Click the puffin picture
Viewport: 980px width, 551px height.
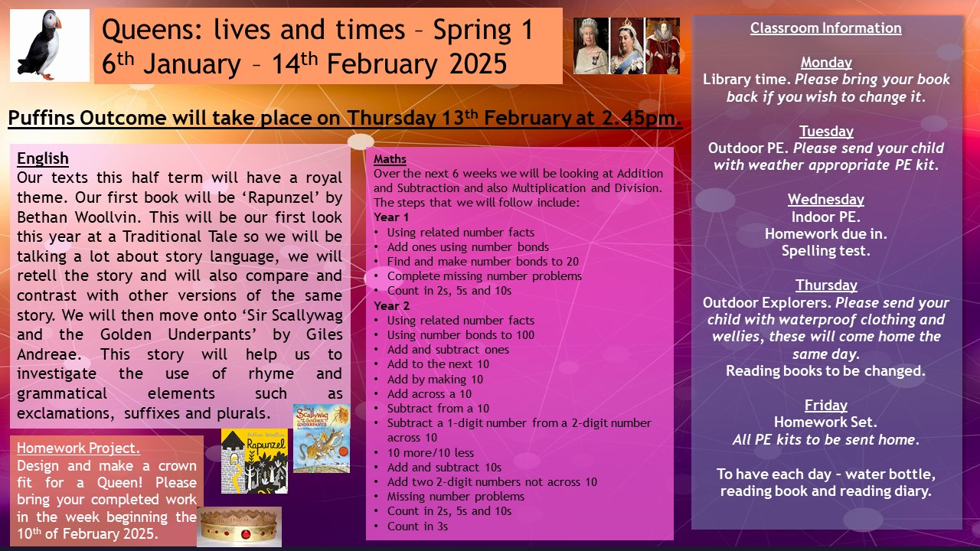pos(50,45)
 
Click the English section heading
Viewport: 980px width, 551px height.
pos(43,158)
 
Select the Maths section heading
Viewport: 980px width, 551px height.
pos(390,159)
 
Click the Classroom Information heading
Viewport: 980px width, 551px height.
pos(826,28)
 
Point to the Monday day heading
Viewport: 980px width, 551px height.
pos(826,63)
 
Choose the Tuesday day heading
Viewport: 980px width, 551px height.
pos(826,131)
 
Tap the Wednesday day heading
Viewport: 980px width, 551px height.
pos(826,200)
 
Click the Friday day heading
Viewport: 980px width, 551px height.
pos(826,406)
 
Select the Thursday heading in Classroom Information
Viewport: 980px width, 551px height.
pos(826,285)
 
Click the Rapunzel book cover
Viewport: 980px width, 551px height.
pos(254,461)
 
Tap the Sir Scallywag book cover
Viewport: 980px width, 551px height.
pos(322,439)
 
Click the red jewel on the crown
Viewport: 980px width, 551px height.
pos(246,534)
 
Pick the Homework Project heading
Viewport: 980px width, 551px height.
pos(78,448)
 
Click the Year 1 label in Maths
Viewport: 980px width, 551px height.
pos(391,217)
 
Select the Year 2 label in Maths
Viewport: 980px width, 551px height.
pos(391,305)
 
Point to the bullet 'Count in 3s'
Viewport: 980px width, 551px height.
pos(417,526)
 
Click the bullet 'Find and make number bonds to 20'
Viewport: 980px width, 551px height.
pos(482,262)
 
